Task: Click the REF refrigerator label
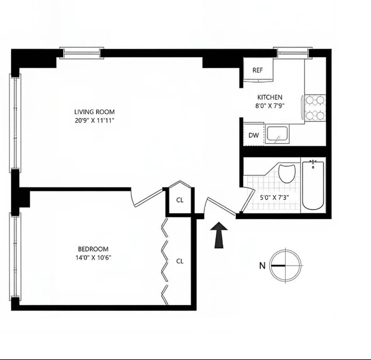pyautogui.click(x=257, y=70)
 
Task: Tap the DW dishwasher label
pyautogui.click(x=254, y=135)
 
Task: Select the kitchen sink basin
pyautogui.click(x=277, y=134)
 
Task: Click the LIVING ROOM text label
pyautogui.click(x=94, y=112)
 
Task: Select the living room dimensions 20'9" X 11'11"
pyautogui.click(x=94, y=120)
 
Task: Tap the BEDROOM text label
pyautogui.click(x=93, y=249)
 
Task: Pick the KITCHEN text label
pyautogui.click(x=270, y=97)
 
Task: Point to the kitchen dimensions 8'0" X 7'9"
pyautogui.click(x=270, y=106)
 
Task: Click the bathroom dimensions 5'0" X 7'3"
pyautogui.click(x=274, y=198)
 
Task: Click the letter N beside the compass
pyautogui.click(x=262, y=266)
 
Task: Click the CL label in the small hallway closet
pyautogui.click(x=180, y=200)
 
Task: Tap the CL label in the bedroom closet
pyautogui.click(x=180, y=261)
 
